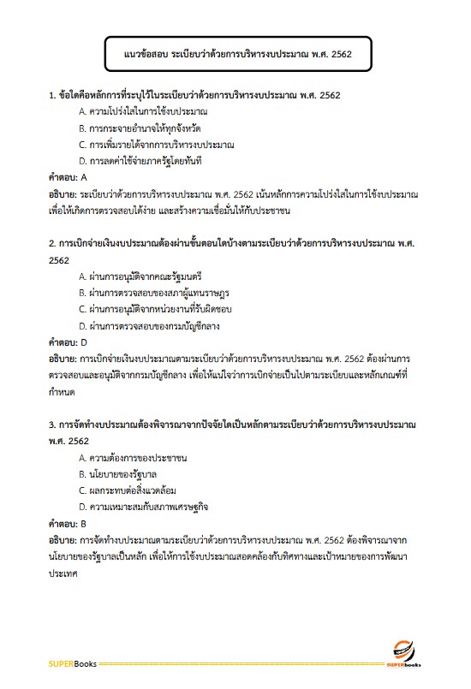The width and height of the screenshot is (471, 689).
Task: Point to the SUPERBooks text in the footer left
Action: (x=73, y=663)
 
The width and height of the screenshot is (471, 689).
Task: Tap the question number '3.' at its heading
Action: (x=52, y=425)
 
